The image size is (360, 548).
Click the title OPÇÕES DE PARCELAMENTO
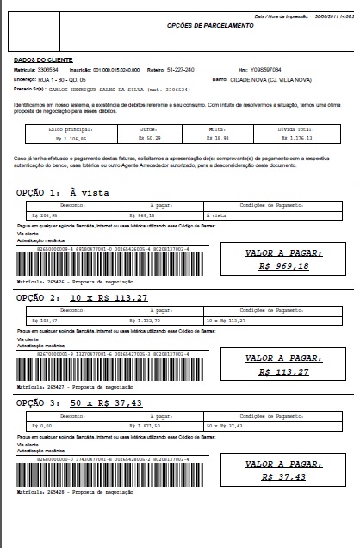(x=211, y=27)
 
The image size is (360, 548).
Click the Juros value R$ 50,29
(x=153, y=135)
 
